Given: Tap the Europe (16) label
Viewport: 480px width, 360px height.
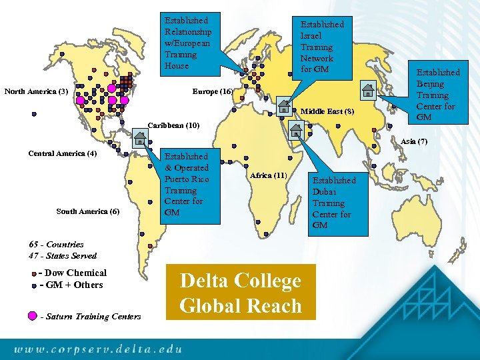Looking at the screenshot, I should click(212, 91).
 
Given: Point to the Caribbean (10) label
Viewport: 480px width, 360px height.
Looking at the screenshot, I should click(173, 125).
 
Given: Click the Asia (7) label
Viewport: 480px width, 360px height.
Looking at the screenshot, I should click(414, 141).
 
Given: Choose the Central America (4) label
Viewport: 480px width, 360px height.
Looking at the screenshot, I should click(63, 153).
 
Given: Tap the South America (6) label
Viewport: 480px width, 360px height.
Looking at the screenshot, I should click(88, 211).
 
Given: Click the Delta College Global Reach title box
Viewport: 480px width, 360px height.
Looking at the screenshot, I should click(240, 293).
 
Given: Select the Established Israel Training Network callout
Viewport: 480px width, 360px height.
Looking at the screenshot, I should click(322, 47).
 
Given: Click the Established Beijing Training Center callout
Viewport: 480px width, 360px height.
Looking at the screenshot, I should click(438, 94).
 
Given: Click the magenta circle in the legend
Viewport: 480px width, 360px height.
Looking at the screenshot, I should click(33, 316).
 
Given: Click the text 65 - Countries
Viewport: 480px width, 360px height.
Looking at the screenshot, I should click(57, 245).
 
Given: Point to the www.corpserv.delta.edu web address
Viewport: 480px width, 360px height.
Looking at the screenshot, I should click(98, 347).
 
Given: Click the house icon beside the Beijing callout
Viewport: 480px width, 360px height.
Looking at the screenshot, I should click(367, 89).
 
